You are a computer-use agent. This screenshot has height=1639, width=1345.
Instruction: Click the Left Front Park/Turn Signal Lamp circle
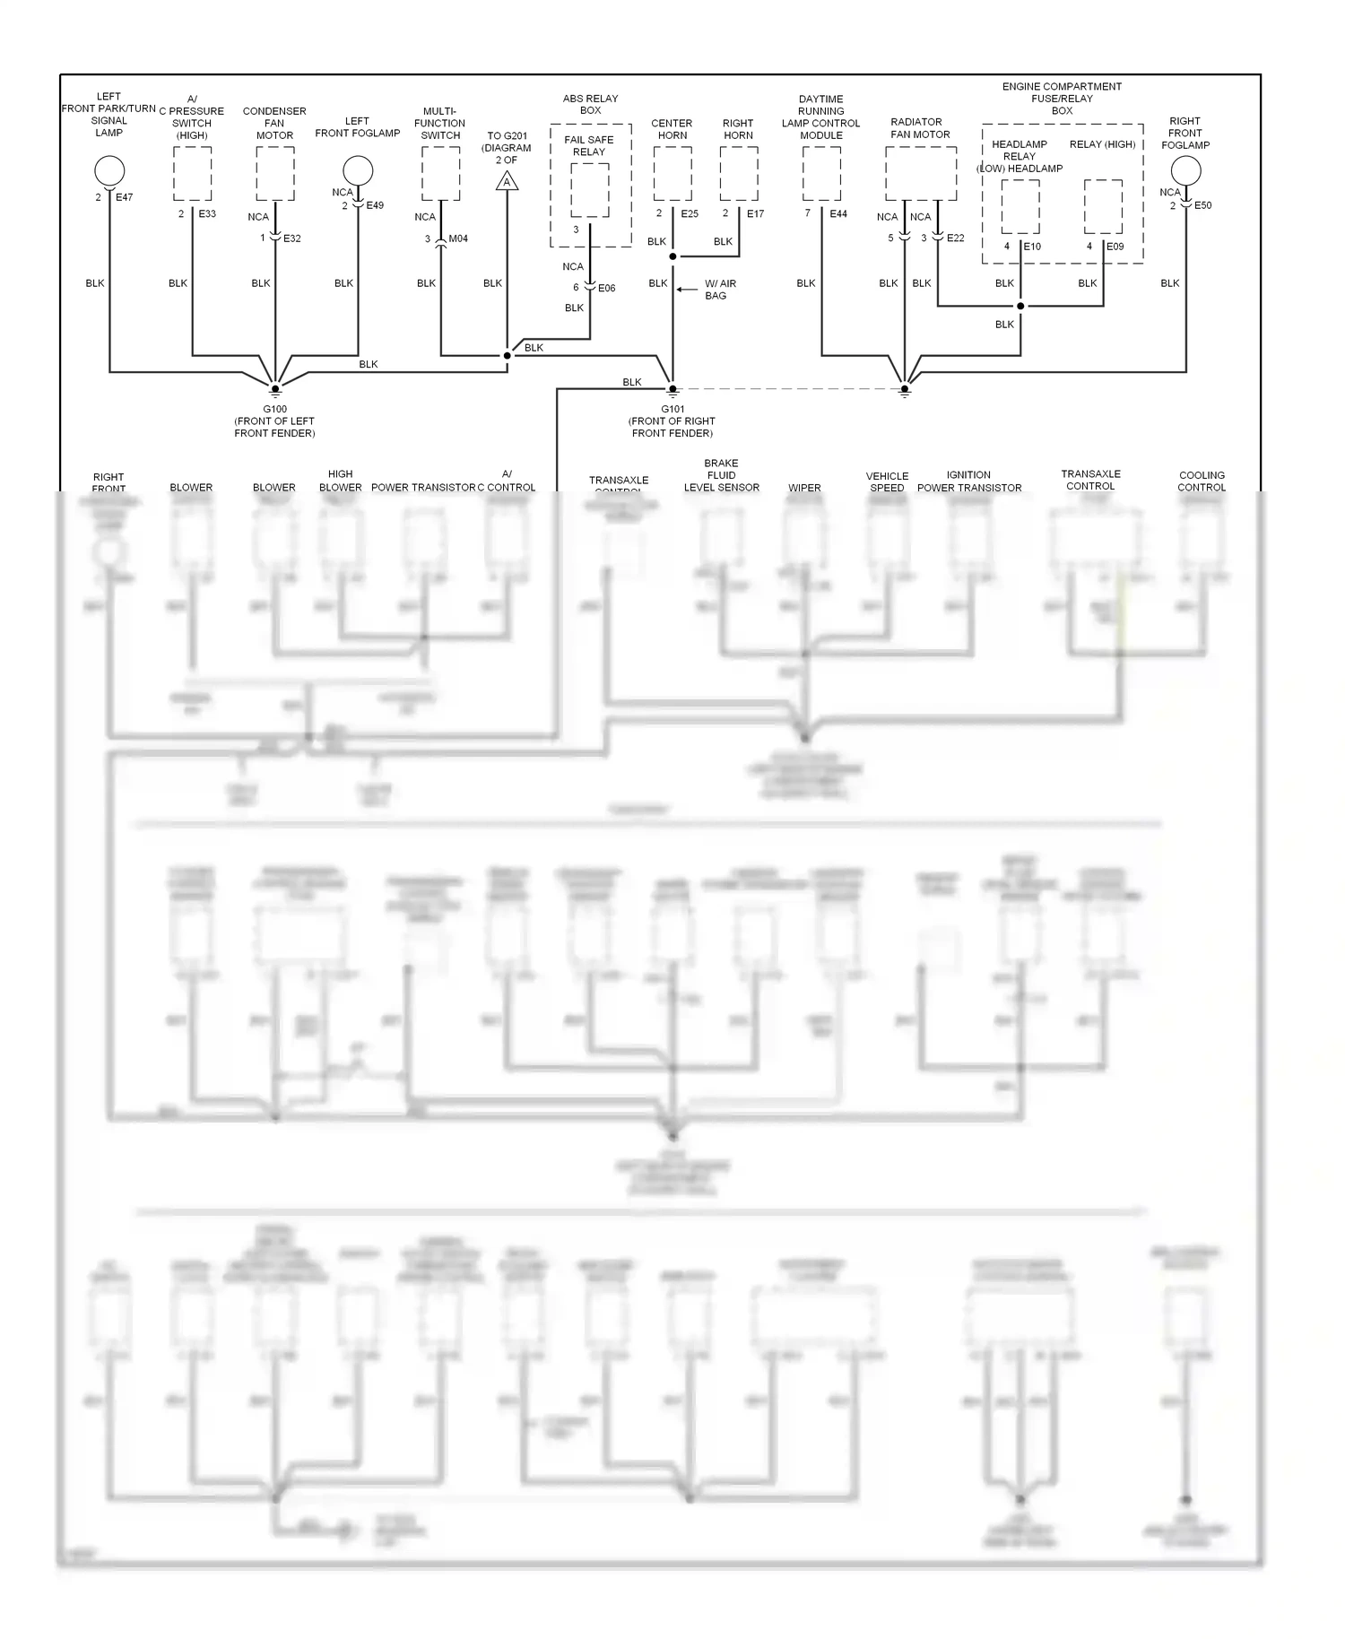pyautogui.click(x=109, y=170)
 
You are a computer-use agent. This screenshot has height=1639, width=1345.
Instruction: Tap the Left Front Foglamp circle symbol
pyautogui.click(x=358, y=170)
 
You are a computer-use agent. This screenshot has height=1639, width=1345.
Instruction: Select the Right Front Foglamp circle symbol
pyautogui.click(x=1185, y=170)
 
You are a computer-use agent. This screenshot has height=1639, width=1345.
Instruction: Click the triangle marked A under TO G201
pyautogui.click(x=508, y=182)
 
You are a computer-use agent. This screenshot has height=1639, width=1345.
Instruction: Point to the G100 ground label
pyautogui.click(x=275, y=409)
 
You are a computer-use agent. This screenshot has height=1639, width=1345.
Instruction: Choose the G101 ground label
pyautogui.click(x=672, y=409)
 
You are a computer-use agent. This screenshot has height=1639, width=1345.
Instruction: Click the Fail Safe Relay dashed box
pyautogui.click(x=589, y=190)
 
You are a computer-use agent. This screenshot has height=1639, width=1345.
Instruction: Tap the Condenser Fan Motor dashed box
pyautogui.click(x=275, y=174)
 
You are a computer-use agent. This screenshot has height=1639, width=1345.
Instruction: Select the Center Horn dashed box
pyautogui.click(x=672, y=174)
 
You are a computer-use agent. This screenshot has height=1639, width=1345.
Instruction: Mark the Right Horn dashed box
pyautogui.click(x=739, y=174)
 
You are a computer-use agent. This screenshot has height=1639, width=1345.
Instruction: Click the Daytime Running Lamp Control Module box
pyautogui.click(x=821, y=174)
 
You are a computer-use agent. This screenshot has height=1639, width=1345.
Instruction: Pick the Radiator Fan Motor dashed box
pyautogui.click(x=921, y=174)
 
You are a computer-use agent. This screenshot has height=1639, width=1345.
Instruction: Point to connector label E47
pyautogui.click(x=124, y=197)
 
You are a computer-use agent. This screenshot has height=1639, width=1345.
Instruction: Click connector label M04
pyautogui.click(x=458, y=238)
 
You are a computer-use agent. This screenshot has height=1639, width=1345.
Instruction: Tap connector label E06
pyautogui.click(x=607, y=288)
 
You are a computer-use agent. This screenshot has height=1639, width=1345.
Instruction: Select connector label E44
pyautogui.click(x=838, y=214)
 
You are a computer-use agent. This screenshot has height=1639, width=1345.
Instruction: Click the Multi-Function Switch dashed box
pyautogui.click(x=441, y=174)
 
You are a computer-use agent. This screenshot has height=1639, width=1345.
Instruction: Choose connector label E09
pyautogui.click(x=1115, y=247)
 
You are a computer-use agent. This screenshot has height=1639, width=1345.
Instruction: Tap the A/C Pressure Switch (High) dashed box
pyautogui.click(x=193, y=174)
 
